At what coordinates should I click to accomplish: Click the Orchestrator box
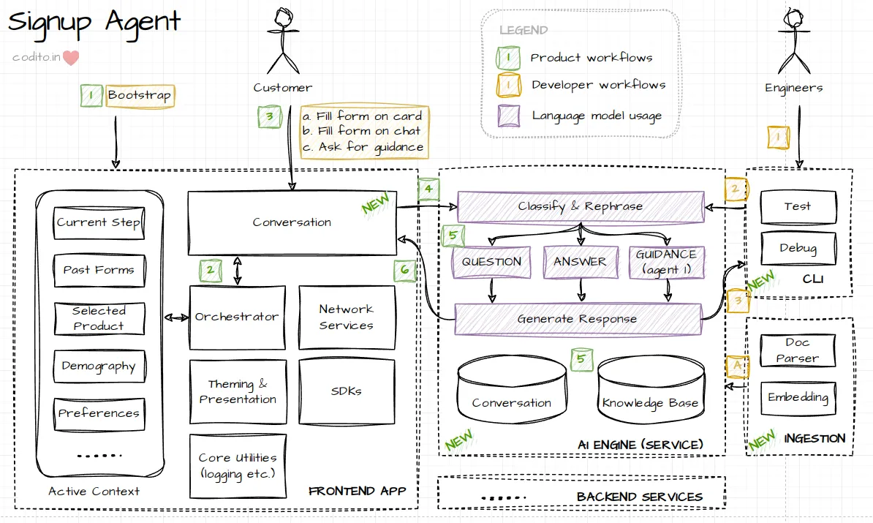click(237, 317)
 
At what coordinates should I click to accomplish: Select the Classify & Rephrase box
click(581, 206)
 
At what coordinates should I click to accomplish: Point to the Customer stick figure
click(282, 40)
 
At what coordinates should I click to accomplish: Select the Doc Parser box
click(797, 350)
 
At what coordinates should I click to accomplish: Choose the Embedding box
click(797, 398)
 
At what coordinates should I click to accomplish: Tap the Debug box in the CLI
click(797, 248)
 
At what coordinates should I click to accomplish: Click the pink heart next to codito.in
click(71, 58)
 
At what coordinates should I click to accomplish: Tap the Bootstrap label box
click(139, 96)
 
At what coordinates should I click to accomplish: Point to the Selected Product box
click(99, 318)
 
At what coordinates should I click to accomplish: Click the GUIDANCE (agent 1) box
click(665, 261)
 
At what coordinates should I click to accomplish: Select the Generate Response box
click(578, 319)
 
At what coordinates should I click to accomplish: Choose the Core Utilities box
click(237, 465)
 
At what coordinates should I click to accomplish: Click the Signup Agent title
click(94, 22)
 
